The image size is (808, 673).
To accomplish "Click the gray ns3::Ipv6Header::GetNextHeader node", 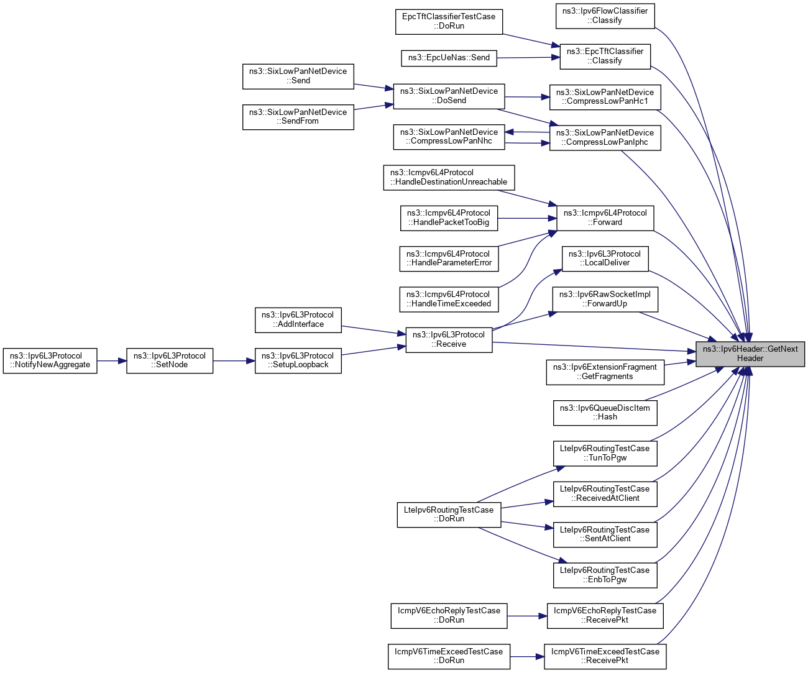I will pyautogui.click(x=750, y=354).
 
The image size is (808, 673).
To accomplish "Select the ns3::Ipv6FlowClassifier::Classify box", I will pyautogui.click(x=605, y=16).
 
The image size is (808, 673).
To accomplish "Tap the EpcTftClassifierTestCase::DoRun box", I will pyautogui.click(x=449, y=21).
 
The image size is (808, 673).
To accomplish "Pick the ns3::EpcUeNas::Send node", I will pyautogui.click(x=449, y=58).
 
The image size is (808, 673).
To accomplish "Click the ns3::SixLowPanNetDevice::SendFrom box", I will pyautogui.click(x=298, y=117).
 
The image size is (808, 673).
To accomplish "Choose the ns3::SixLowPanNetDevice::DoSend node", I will pyautogui.click(x=449, y=96).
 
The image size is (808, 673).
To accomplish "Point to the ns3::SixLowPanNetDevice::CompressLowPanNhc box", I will pyautogui.click(x=449, y=137).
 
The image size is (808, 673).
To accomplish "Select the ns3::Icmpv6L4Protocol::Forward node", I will pyautogui.click(x=605, y=217).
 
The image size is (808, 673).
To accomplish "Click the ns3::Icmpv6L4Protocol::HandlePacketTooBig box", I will pyautogui.click(x=448, y=217).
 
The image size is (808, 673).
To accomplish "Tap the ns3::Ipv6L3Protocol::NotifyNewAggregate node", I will pyautogui.click(x=50, y=360).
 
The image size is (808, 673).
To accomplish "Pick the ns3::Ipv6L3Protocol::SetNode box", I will pyautogui.click(x=170, y=360).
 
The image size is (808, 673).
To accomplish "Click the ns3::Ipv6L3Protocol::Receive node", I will pyautogui.click(x=449, y=339).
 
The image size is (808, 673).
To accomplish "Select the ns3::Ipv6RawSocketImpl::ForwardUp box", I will pyautogui.click(x=605, y=299).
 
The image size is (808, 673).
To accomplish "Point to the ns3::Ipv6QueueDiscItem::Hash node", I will pyautogui.click(x=605, y=413).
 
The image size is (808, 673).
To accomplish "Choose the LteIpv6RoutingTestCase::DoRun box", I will pyautogui.click(x=449, y=515).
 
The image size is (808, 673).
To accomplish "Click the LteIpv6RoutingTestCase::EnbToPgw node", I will pyautogui.click(x=605, y=575).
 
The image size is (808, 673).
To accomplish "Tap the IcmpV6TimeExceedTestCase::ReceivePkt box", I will pyautogui.click(x=605, y=656).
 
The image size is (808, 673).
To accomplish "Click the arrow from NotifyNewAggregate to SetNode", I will pyautogui.click(x=112, y=360).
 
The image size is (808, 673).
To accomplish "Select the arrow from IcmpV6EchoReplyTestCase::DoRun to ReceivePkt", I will pyautogui.click(x=527, y=616).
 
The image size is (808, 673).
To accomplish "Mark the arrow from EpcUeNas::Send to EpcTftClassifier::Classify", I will pyautogui.click(x=528, y=58).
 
